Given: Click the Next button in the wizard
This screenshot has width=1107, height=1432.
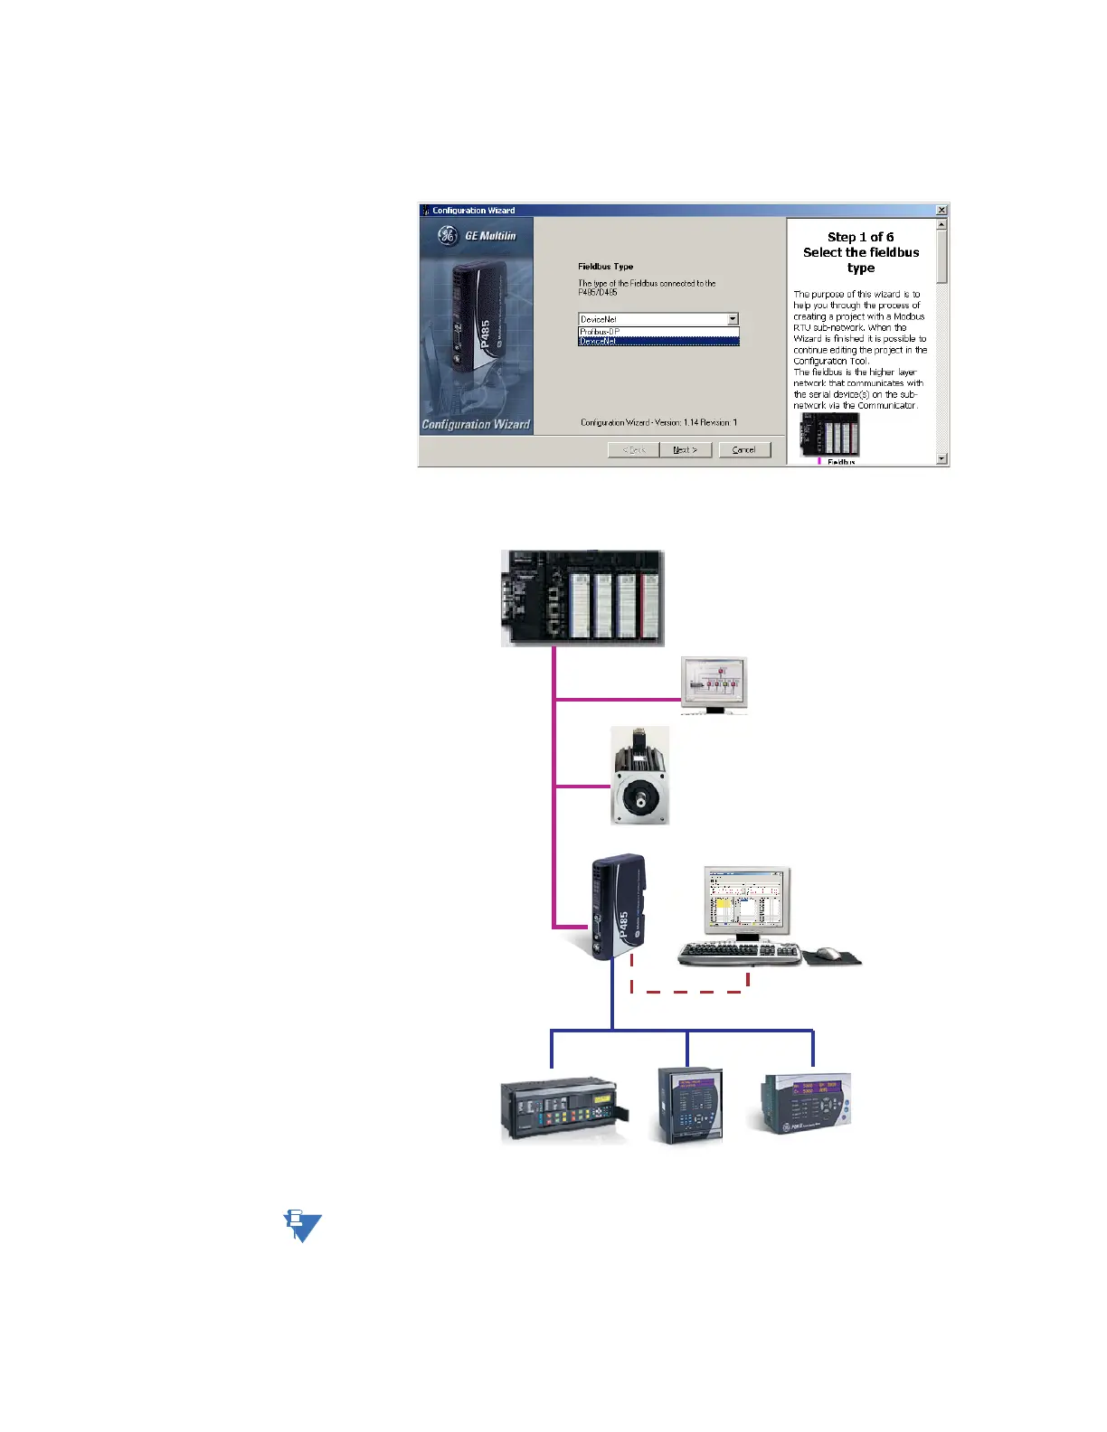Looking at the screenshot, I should click(x=685, y=449).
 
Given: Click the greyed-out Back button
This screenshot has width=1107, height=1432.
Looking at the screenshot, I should click(x=633, y=449).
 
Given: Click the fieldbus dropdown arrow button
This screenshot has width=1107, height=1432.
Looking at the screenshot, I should click(x=733, y=319).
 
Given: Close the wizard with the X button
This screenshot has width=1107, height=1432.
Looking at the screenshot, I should click(x=941, y=211).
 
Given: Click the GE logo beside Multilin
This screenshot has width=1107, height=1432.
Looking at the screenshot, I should click(x=447, y=236).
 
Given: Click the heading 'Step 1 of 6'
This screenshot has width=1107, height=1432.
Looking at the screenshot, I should click(x=860, y=237).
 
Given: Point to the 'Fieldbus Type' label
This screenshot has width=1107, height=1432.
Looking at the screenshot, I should click(x=606, y=267).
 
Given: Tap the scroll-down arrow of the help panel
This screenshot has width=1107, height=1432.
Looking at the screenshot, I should click(x=941, y=458).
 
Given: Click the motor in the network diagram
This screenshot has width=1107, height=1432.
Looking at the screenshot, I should click(x=639, y=777).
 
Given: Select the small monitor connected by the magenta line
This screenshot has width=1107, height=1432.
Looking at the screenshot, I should click(x=714, y=685).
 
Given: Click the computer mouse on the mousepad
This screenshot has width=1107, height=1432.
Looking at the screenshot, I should click(x=828, y=953).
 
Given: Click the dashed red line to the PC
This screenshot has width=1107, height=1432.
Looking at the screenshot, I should click(x=689, y=992).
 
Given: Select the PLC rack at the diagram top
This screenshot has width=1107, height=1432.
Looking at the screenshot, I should click(x=582, y=598).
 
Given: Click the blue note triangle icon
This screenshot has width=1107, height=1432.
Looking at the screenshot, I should click(x=303, y=1226).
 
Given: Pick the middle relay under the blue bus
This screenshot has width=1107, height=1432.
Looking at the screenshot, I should click(x=690, y=1106).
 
